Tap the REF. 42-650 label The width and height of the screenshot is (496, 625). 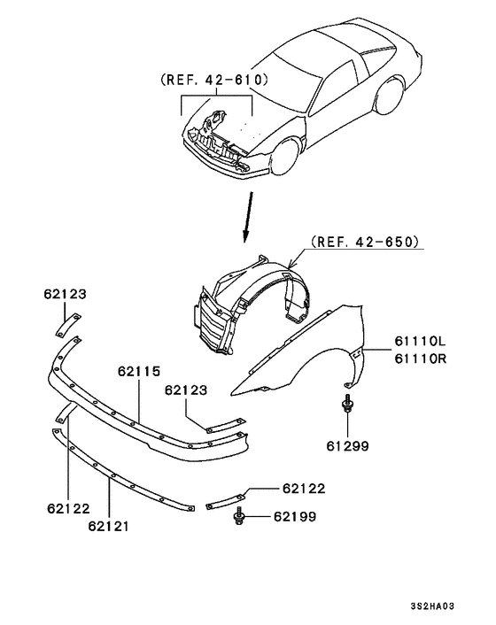point(364,240)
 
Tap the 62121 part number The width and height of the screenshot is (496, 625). point(109,527)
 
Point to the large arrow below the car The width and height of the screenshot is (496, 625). point(248,220)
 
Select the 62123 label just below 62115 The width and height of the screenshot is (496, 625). point(185,390)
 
